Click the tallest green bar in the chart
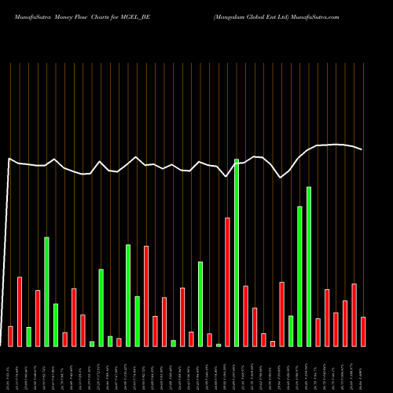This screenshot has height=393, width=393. [237, 252]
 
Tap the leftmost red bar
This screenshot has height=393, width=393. [10, 336]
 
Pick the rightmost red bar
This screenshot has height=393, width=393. [363, 331]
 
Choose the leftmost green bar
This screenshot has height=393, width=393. [28, 336]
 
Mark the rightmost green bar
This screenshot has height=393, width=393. [309, 266]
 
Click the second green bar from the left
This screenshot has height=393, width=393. [46, 291]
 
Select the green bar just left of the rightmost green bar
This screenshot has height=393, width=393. [299, 276]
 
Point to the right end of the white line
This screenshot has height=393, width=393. [362, 149]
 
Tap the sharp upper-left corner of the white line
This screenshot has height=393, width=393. [9, 159]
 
